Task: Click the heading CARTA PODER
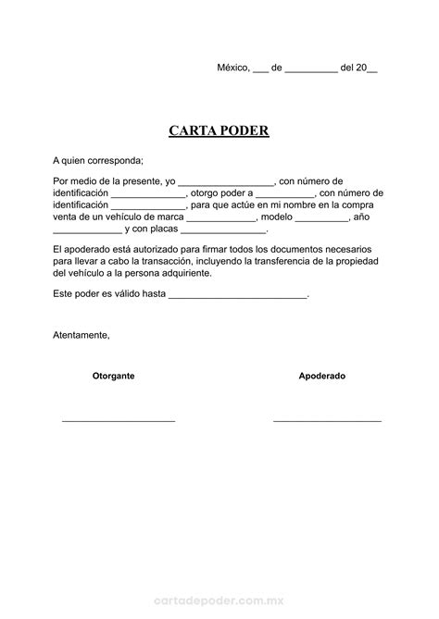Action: click(x=219, y=130)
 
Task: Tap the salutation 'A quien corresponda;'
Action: click(x=98, y=160)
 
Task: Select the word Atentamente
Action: click(x=82, y=334)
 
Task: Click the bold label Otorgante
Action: click(x=114, y=377)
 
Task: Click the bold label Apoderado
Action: click(x=322, y=377)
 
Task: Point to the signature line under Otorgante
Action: click(x=119, y=421)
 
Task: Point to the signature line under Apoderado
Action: click(x=327, y=421)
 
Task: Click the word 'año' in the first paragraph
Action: click(x=362, y=217)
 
